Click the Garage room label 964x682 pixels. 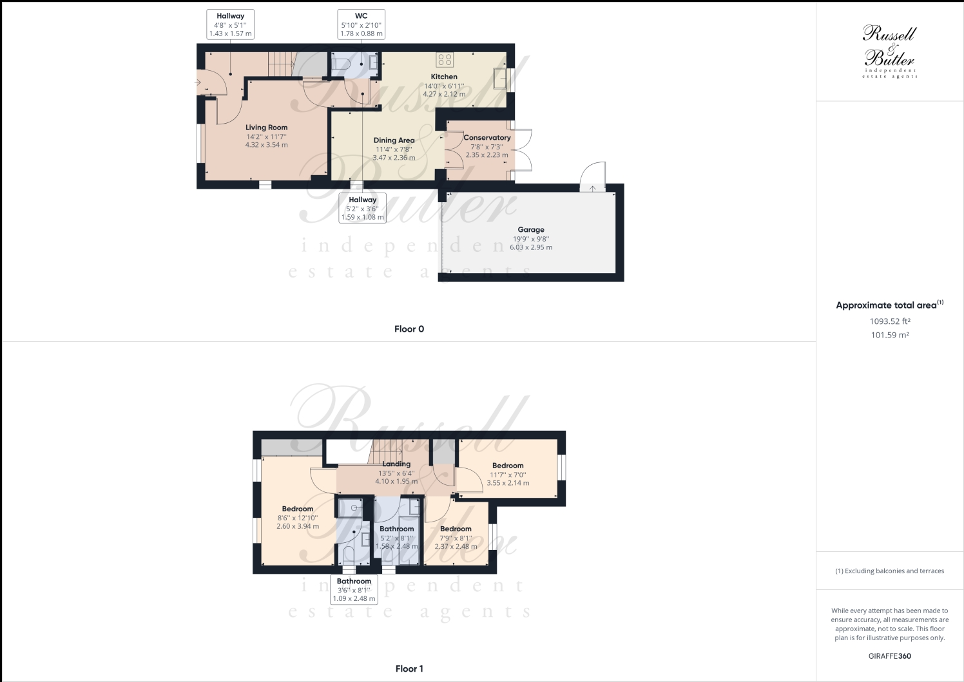pos(530,230)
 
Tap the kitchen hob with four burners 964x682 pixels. pos(445,60)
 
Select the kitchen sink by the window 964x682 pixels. pos(500,79)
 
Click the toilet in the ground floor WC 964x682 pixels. pos(342,63)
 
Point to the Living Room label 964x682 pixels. pos(266,128)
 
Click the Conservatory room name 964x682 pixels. pos(487,138)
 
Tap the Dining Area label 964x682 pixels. pos(394,140)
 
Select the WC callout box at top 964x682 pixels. pos(361,24)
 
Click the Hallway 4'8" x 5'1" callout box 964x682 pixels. pos(230,24)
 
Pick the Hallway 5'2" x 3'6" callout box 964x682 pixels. pos(362,208)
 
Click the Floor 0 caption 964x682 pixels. pos(409,329)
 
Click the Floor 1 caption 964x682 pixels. pos(409,668)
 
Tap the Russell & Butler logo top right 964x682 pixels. pos(889,52)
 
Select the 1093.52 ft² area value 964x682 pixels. pos(889,321)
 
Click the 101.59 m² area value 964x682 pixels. pos(889,335)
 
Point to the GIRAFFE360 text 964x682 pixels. pos(889,656)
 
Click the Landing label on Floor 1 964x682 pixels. pos(396,464)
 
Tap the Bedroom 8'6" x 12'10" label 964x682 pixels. pos(297,509)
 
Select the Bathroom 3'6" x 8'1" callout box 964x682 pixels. pos(354,589)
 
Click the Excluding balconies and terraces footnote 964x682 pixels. pos(889,571)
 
